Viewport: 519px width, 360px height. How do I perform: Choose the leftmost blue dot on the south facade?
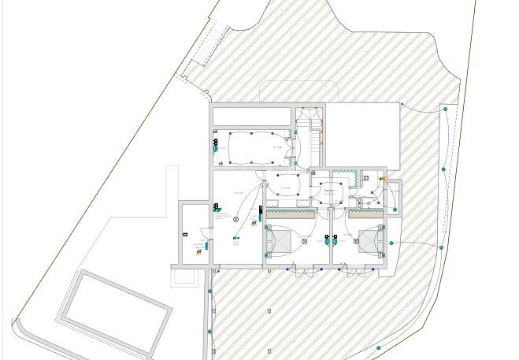click(x=287, y=270)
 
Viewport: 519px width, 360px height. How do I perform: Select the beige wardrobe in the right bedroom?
click(x=367, y=213)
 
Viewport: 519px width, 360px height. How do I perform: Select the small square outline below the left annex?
click(x=186, y=277)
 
